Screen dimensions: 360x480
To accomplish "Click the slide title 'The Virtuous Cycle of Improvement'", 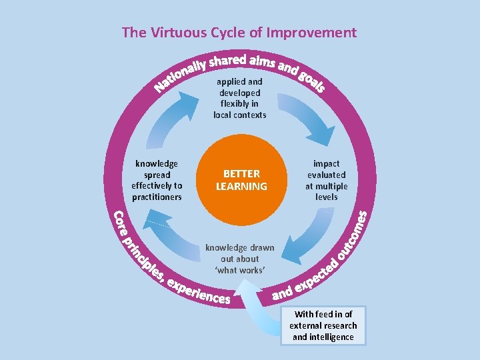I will point(239,33).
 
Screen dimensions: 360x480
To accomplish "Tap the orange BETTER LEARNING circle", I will point(241,179).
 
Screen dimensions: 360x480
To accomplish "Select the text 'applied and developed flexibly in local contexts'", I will point(240,98).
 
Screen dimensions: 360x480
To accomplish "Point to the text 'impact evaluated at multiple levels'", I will point(326,180).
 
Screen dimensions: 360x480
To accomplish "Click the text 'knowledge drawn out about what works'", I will point(240,259).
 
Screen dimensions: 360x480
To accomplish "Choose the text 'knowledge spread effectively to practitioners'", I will point(157,180).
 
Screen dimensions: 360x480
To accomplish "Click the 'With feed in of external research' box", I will point(323,326).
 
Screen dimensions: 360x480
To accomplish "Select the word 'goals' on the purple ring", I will point(311,81).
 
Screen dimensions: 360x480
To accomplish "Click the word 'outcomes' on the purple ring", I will point(352,236).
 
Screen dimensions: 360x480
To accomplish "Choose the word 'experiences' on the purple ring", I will point(199,291).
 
